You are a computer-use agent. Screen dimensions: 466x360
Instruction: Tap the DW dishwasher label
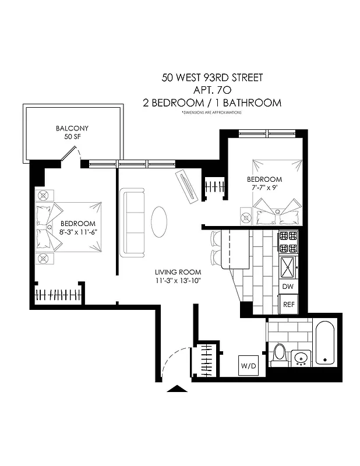coord(288,287)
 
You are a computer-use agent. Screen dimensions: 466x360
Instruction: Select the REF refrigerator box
coord(288,304)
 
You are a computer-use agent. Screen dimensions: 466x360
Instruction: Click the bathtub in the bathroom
coord(324,343)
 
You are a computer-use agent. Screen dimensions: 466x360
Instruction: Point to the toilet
coord(279,354)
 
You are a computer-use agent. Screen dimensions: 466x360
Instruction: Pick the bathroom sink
coord(301,356)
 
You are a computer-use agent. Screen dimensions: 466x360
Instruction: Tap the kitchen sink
coord(288,266)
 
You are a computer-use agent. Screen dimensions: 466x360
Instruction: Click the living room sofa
coord(132,222)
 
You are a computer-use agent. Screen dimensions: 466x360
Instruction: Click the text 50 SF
coord(72,137)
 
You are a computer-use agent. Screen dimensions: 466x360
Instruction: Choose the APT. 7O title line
coord(211,90)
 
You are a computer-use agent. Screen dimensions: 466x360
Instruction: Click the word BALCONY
coord(72,128)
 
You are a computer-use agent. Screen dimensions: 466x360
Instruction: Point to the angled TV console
coord(188,186)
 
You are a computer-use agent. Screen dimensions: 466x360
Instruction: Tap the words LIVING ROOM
coord(178,273)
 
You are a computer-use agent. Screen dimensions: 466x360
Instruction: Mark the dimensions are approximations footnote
coord(211,112)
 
